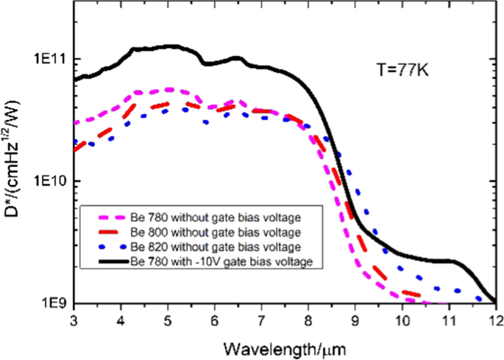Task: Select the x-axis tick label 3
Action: coord(76,320)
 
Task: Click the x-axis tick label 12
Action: coord(496,320)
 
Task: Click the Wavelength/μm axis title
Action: coord(285,346)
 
